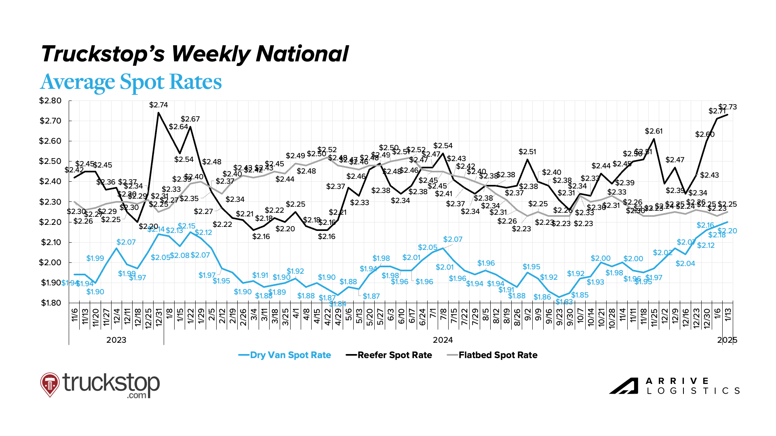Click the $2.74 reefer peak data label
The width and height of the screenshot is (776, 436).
pyautogui.click(x=158, y=105)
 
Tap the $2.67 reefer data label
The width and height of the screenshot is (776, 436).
pyautogui.click(x=190, y=119)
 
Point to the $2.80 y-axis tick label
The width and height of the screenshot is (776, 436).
pyautogui.click(x=51, y=101)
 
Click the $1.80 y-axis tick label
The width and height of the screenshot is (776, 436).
pyautogui.click(x=51, y=303)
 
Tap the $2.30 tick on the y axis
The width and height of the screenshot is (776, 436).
pyautogui.click(x=51, y=202)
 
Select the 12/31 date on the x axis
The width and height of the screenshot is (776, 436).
pyautogui.click(x=159, y=317)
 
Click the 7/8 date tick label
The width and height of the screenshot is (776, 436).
pyautogui.click(x=443, y=314)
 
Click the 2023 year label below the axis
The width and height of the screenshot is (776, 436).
pyautogui.click(x=116, y=340)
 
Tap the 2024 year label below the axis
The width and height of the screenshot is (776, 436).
pyautogui.click(x=443, y=340)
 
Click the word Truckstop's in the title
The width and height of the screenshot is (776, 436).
pyautogui.click(x=103, y=54)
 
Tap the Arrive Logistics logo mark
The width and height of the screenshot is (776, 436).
pyautogui.click(x=624, y=386)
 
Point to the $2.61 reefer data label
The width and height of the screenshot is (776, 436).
pyautogui.click(x=654, y=131)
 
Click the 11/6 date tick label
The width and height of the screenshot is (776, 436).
pyautogui.click(x=75, y=315)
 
